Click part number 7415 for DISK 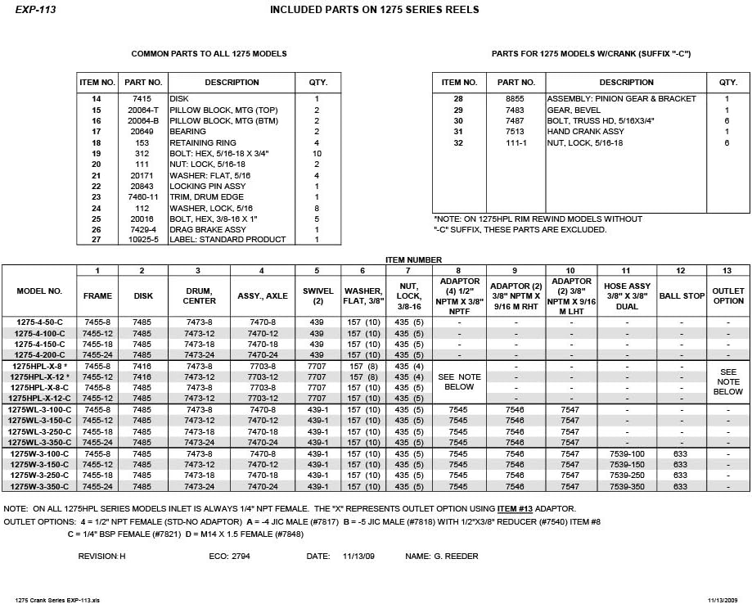coord(143,99)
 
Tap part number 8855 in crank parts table coord(516,99)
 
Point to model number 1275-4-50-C coord(39,322)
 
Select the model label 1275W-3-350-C coord(39,486)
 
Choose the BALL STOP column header coord(682,295)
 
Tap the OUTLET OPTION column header coord(728,295)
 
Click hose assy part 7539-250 coord(627,476)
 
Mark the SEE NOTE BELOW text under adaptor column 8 coord(459,382)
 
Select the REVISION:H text coord(101,557)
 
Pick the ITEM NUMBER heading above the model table coord(413,259)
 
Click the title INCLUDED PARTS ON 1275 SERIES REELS coord(374,10)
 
